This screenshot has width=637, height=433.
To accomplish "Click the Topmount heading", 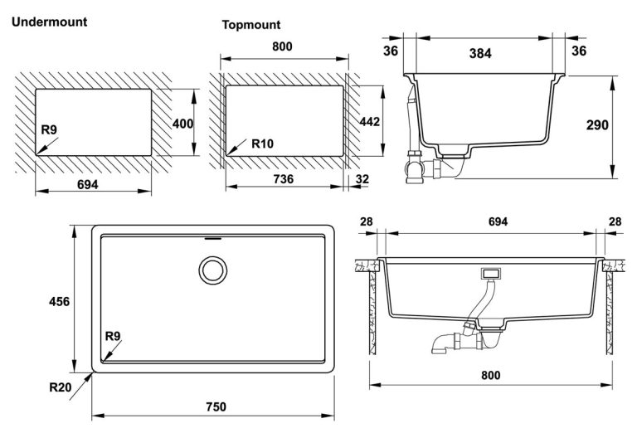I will point(250,25).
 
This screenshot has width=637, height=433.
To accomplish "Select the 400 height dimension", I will point(182,124).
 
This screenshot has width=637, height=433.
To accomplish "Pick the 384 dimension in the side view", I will point(479,53).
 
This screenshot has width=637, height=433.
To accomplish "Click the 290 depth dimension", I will point(596,125).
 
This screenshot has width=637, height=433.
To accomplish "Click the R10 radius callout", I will point(262,144).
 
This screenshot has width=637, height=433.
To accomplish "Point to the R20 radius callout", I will point(60,387).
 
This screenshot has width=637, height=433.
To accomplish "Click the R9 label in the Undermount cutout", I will point(49,130).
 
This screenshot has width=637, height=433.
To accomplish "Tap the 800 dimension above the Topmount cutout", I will point(282,46).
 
